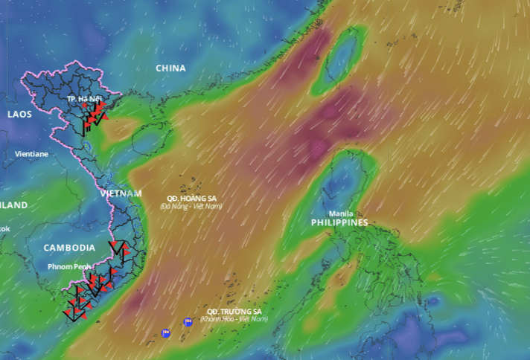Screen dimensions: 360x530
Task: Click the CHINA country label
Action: tap(170, 68)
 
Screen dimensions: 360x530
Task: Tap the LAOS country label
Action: tap(20, 114)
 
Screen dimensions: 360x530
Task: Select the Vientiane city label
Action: tap(31, 154)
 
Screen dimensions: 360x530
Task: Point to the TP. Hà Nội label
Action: tap(83, 99)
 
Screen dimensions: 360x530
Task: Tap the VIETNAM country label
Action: tap(121, 193)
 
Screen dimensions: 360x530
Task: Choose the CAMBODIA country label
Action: tap(69, 248)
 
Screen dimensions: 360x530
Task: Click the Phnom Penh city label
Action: tap(69, 266)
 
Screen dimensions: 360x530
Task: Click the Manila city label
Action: tap(341, 213)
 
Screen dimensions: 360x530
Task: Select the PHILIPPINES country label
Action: tap(339, 222)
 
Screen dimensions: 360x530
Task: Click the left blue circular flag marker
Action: tap(166, 332)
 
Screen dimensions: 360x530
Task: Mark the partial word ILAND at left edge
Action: tap(14, 205)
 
